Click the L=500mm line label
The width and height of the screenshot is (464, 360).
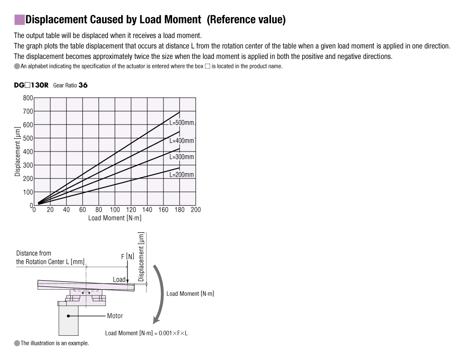pyautogui.click(x=182, y=123)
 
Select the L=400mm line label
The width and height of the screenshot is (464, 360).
pyautogui.click(x=182, y=141)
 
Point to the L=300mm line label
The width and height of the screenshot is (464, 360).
pyautogui.click(x=182, y=157)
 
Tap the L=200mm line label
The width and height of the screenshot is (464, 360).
pyautogui.click(x=182, y=175)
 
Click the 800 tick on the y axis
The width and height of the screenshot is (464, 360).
pyautogui.click(x=28, y=98)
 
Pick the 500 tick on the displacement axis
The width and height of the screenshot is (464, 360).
pyautogui.click(x=28, y=139)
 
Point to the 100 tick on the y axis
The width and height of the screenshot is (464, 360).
pyautogui.click(x=28, y=192)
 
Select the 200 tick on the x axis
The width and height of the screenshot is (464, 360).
pyautogui.click(x=195, y=210)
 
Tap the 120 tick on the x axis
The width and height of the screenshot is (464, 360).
pyautogui.click(x=131, y=210)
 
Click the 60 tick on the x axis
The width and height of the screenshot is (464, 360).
pyautogui.click(x=82, y=210)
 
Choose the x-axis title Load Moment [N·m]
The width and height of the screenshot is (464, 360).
pyautogui.click(x=115, y=218)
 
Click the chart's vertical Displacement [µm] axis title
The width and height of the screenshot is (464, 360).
pyautogui.click(x=18, y=152)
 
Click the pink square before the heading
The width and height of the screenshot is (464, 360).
pyautogui.click(x=19, y=20)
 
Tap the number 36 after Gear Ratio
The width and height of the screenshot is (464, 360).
pyautogui.click(x=83, y=85)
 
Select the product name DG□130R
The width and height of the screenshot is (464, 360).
pyautogui.click(x=31, y=85)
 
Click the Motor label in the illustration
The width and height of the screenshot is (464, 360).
pyautogui.click(x=115, y=316)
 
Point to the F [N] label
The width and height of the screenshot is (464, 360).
pyautogui.click(x=127, y=256)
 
